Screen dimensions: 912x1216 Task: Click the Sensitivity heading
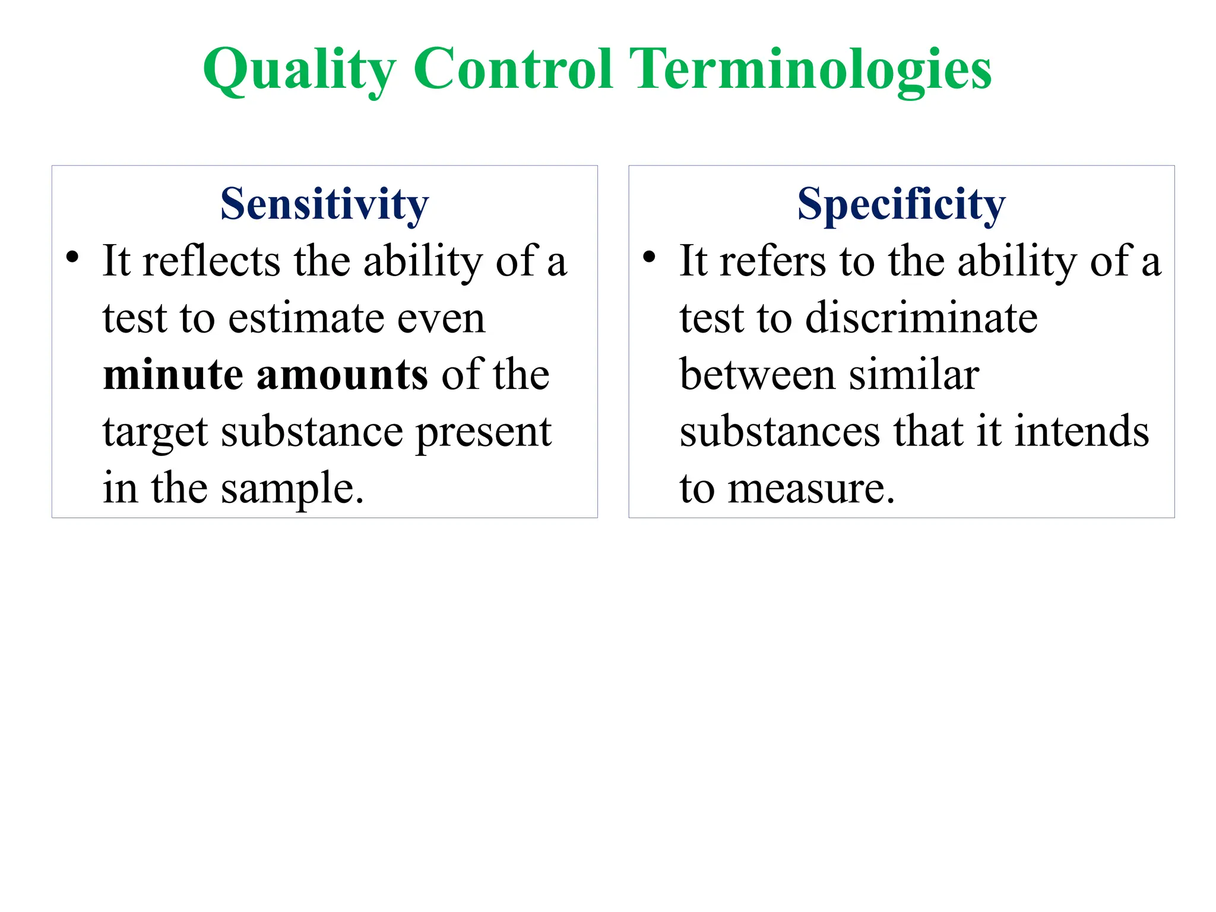324,204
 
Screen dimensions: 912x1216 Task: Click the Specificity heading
901,204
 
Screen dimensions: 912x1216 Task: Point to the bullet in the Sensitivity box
72,258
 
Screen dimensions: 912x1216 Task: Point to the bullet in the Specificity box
649,258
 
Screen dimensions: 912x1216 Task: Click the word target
154,432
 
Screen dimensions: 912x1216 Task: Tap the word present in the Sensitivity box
483,432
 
